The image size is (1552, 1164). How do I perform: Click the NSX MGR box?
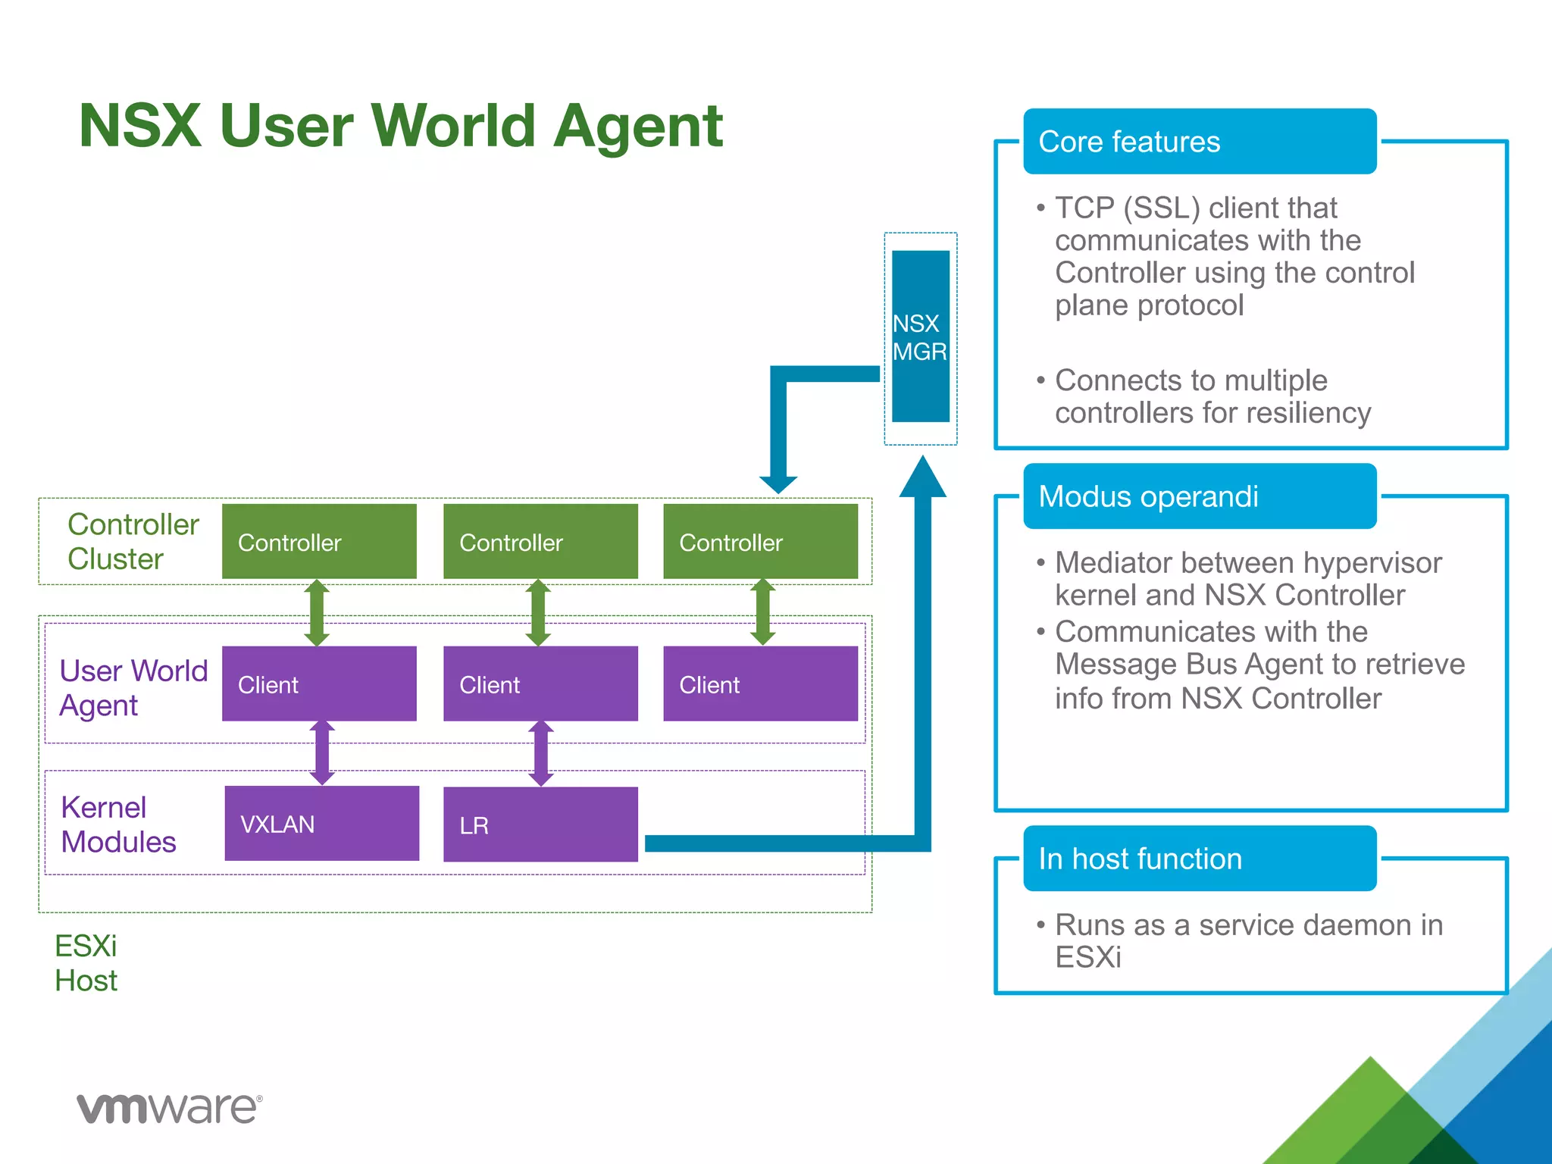[920, 336]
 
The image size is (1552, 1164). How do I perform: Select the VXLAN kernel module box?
[321, 823]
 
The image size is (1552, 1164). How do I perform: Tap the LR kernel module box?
[540, 824]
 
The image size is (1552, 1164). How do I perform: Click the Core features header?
[1199, 142]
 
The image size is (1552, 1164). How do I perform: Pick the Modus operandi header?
[1199, 496]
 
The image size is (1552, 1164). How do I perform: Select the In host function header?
[1199, 859]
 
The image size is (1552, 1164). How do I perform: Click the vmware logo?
[170, 1108]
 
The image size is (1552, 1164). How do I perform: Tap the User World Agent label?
[133, 687]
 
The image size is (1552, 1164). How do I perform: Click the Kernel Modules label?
[118, 824]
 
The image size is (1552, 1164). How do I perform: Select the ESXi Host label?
[86, 962]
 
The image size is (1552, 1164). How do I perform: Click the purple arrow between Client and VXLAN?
[322, 753]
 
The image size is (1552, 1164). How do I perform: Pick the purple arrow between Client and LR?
[540, 753]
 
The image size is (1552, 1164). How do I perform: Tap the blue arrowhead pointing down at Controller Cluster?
[778, 483]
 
